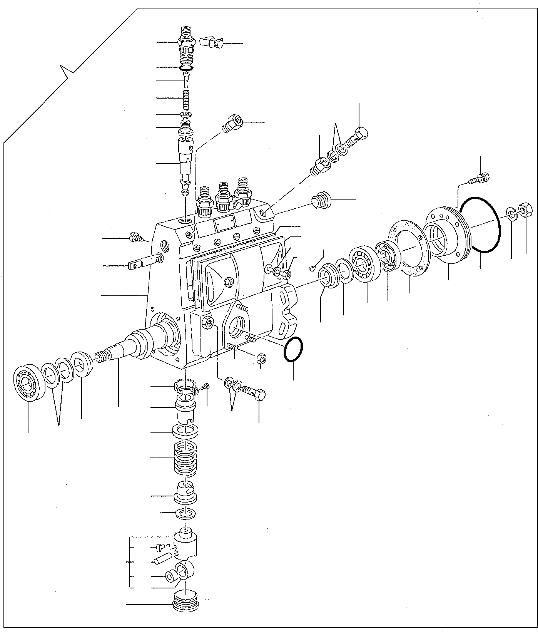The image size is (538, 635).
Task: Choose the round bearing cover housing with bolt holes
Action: coord(446,235)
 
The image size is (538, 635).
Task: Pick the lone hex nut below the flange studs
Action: coord(262,359)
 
